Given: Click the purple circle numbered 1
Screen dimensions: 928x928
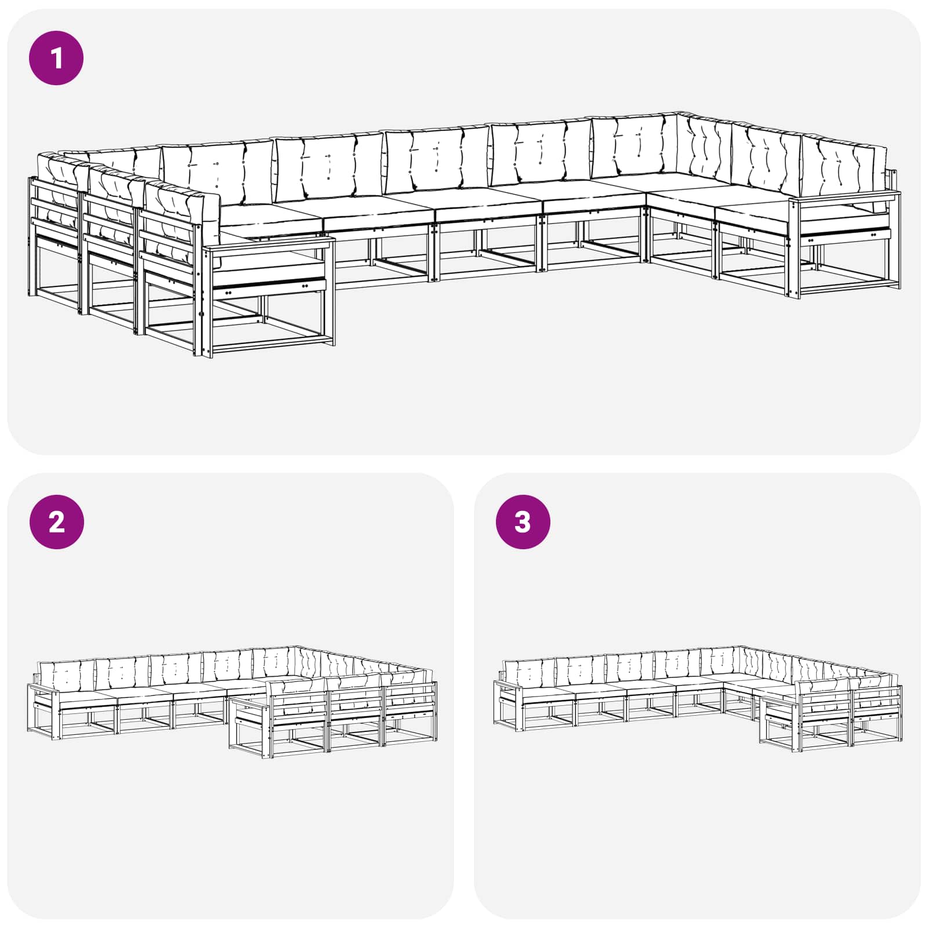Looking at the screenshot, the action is (x=56, y=58).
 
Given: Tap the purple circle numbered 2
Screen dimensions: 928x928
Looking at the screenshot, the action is (x=56, y=522).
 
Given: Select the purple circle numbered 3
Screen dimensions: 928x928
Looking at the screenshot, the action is (x=523, y=522).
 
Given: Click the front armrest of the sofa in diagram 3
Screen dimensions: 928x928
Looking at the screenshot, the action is (x=780, y=699).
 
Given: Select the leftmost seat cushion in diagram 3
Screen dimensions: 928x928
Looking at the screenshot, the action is (x=548, y=693).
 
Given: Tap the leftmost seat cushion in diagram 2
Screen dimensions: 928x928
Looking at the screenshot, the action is (x=87, y=697).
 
